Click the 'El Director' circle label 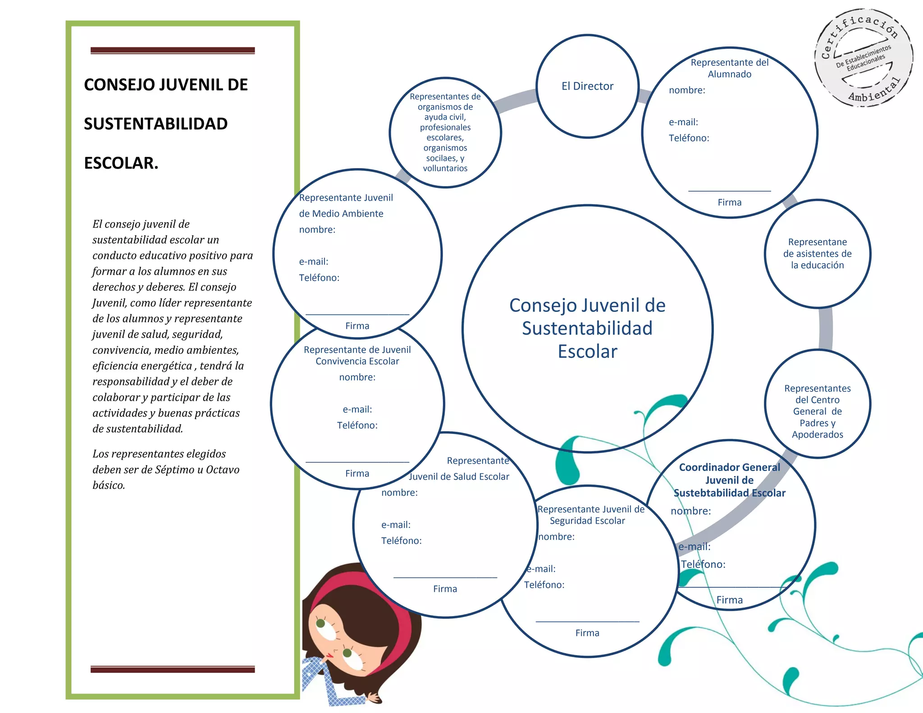coord(587,86)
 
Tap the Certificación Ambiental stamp coord(863,58)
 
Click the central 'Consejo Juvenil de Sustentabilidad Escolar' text coord(587,328)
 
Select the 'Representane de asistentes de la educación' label coord(817,254)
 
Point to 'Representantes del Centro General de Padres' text coord(817,411)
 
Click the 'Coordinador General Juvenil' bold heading coord(729,480)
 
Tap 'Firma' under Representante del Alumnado coord(729,202)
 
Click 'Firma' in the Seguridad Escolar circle coord(587,633)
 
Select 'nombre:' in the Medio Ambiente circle coord(317,229)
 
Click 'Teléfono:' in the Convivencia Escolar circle coord(357,425)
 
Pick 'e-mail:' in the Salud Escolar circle coord(396,525)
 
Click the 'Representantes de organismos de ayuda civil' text coord(445,132)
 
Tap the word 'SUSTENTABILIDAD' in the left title coord(156,124)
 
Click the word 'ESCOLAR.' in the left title coord(121,163)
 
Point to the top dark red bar coord(173,50)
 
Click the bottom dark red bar coord(173,669)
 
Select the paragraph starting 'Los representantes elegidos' coord(165,469)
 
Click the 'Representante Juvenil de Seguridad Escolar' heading coord(590,515)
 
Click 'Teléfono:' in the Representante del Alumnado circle coord(689,138)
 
